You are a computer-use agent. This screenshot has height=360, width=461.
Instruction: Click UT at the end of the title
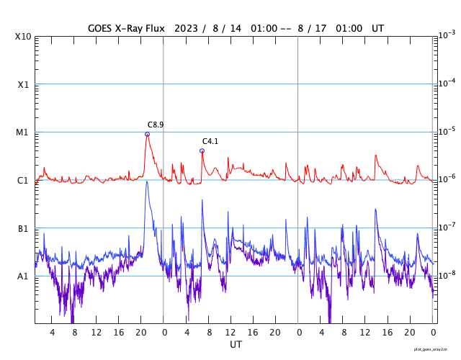point(377,28)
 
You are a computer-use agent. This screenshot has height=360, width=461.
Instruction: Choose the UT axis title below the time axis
point(236,344)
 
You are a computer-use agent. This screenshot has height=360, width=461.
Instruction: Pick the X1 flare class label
point(23,84)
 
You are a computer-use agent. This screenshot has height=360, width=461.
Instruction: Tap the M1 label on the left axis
point(23,132)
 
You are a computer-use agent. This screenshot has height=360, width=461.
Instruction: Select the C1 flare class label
point(23,180)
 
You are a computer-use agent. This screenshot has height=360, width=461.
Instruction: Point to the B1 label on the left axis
point(23,228)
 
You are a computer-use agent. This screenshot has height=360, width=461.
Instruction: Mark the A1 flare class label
point(23,276)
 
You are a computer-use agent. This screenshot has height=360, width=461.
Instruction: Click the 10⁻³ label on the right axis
point(447,35)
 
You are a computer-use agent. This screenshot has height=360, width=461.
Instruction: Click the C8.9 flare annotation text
point(156,125)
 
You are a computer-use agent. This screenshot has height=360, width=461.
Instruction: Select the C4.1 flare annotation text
point(210,141)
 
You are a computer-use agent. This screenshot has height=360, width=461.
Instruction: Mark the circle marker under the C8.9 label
point(147,134)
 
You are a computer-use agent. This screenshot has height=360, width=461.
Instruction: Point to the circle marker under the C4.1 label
point(202,150)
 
